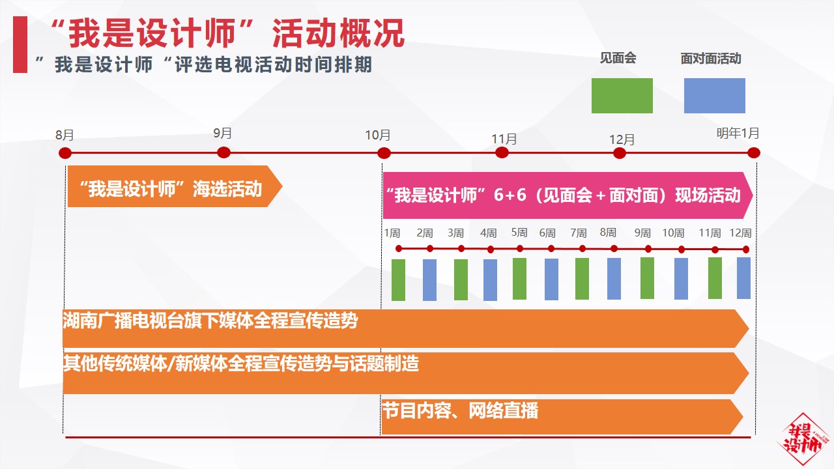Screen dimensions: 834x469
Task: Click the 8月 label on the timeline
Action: click(65, 135)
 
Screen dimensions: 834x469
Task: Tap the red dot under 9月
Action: click(223, 152)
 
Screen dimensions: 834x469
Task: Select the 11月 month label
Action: click(504, 139)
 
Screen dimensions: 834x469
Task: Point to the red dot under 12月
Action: click(620, 153)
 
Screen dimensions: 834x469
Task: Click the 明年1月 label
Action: click(738, 133)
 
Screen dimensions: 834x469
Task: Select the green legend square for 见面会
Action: click(622, 96)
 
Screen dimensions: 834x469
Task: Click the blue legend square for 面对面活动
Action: click(715, 96)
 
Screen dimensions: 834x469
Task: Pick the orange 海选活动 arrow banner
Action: click(175, 186)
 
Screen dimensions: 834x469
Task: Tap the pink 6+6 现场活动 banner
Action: click(568, 195)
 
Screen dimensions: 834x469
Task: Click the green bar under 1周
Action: click(398, 280)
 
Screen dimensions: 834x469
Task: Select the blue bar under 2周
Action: click(429, 280)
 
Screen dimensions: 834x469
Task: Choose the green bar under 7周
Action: click(582, 279)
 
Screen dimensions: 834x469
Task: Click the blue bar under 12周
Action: click(744, 278)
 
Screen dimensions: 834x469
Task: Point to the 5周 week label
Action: click(519, 233)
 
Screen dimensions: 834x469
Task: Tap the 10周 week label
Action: click(673, 233)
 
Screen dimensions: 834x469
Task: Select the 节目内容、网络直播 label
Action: click(460, 410)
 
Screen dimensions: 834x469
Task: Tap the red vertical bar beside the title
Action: click(20, 44)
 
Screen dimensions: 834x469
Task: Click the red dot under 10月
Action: click(384, 153)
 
